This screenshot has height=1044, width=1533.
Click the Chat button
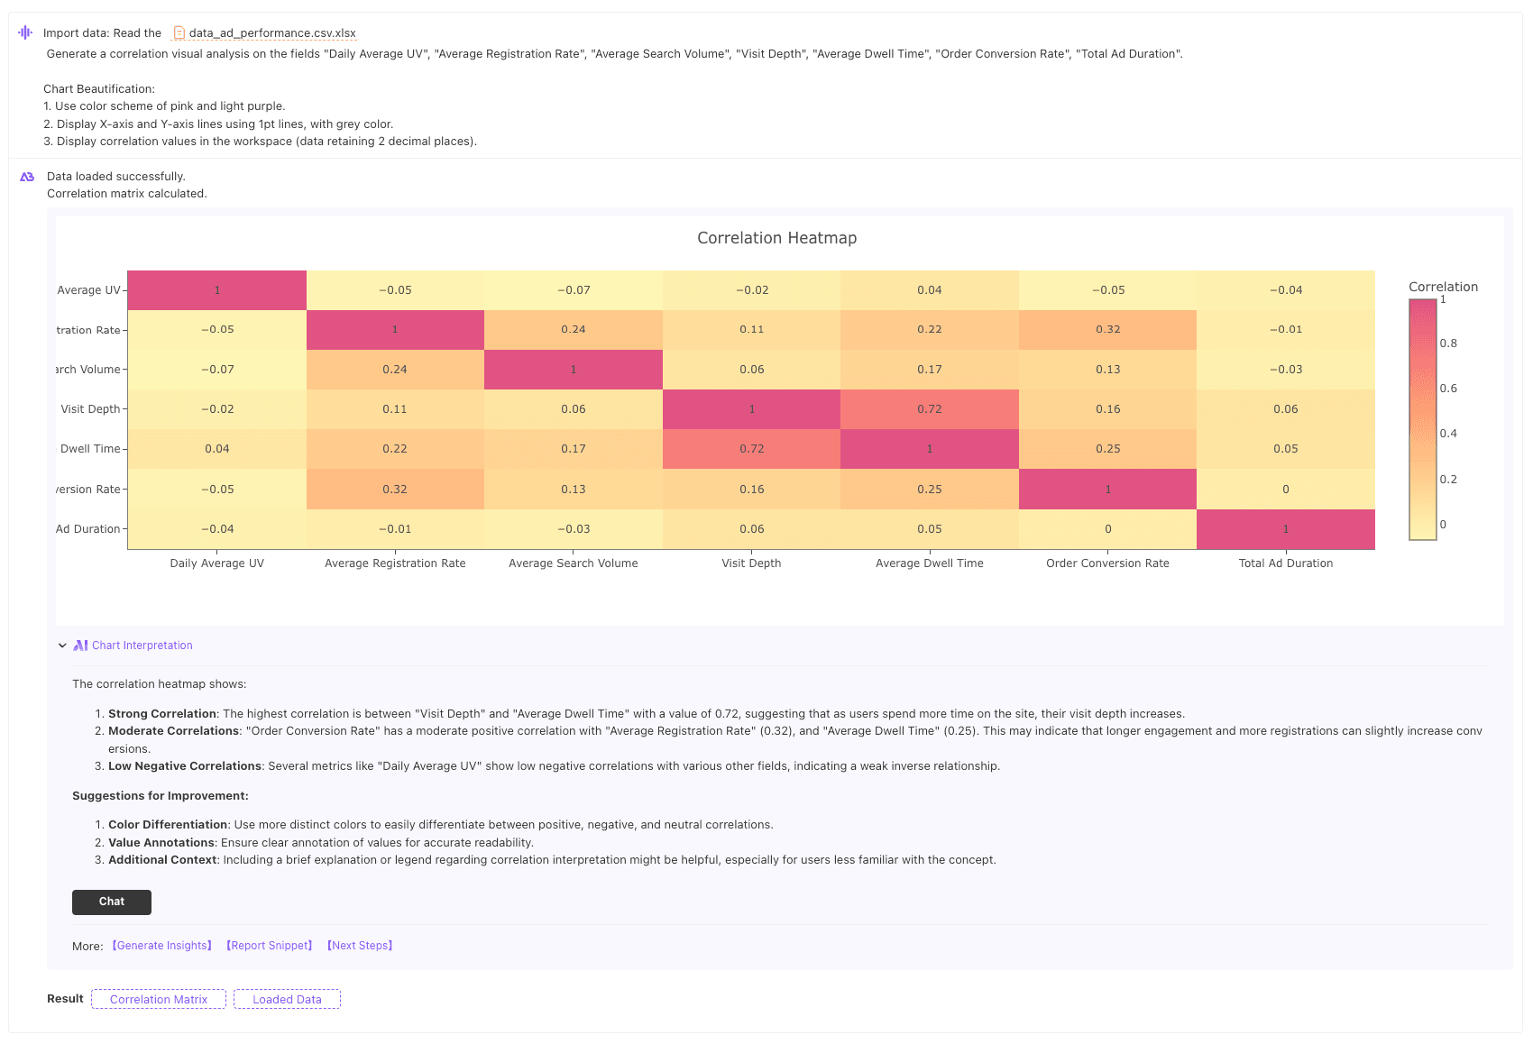(112, 902)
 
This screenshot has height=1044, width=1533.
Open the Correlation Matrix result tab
(158, 999)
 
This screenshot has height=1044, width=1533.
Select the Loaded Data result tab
(287, 999)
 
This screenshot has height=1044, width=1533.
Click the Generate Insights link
(162, 946)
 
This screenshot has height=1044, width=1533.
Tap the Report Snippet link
(269, 946)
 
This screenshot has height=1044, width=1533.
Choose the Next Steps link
(360, 946)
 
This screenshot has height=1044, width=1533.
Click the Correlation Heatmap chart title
(776, 237)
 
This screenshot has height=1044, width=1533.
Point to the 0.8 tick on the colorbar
(1448, 343)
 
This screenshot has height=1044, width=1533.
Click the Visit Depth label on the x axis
(751, 563)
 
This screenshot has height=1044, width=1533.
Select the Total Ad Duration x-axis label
(1285, 563)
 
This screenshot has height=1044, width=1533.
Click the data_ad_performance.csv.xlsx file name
(272, 32)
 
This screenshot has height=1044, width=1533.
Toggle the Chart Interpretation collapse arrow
(62, 646)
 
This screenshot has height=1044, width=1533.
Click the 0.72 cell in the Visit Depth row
(930, 409)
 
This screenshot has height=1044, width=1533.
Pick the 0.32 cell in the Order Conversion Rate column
(1107, 330)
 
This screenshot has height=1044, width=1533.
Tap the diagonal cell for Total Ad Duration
(1285, 529)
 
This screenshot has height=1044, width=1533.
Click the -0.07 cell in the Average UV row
(573, 290)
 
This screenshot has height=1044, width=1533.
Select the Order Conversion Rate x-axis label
(1107, 563)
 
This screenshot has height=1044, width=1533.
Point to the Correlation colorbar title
(1443, 287)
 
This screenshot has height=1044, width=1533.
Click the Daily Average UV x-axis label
(217, 563)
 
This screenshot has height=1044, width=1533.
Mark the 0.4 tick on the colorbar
(1448, 433)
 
